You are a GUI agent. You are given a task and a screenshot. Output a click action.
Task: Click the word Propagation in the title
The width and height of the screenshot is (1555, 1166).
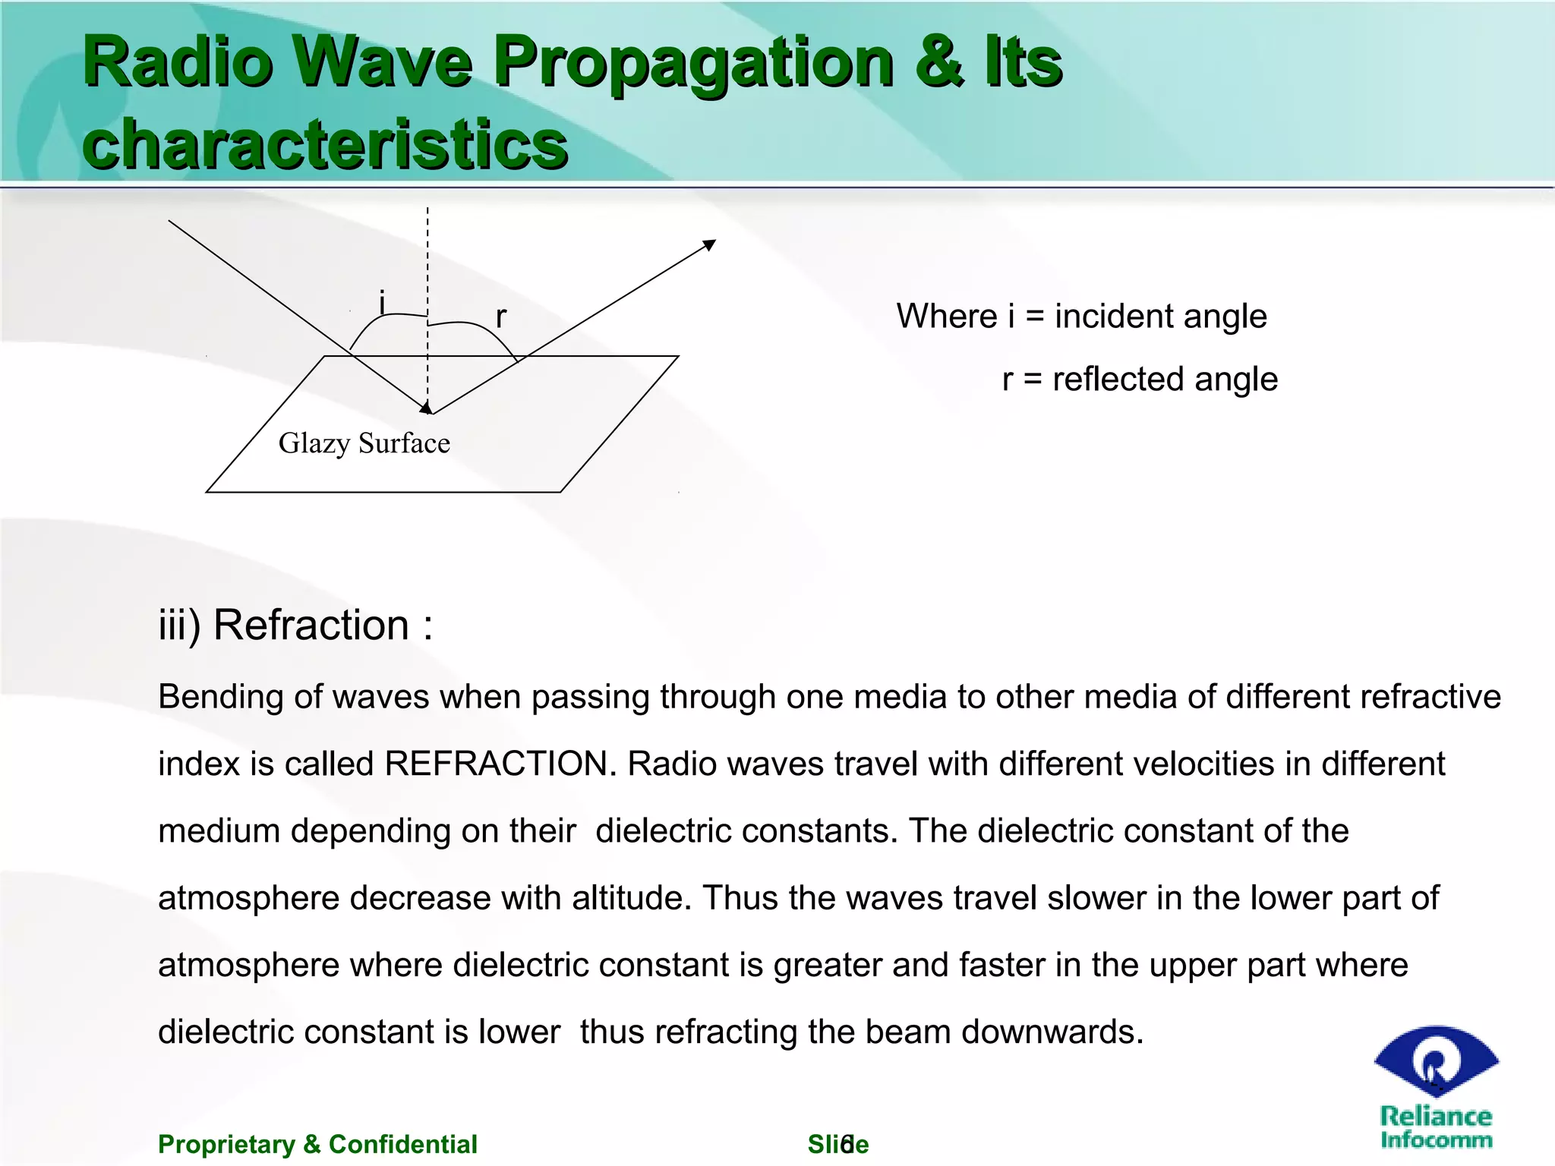pyautogui.click(x=692, y=64)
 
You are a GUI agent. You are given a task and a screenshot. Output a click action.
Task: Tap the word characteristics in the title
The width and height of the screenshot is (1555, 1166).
pyautogui.click(x=325, y=144)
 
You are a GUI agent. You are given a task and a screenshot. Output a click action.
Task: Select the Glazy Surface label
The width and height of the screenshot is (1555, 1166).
pyautogui.click(x=364, y=443)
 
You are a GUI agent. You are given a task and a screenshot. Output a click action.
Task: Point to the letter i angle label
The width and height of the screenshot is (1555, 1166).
pyautogui.click(x=383, y=302)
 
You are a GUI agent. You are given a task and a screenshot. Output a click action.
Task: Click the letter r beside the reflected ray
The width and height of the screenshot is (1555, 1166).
pyautogui.click(x=500, y=316)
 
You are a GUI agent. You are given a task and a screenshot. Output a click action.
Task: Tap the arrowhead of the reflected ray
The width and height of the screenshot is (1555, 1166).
pyautogui.click(x=710, y=244)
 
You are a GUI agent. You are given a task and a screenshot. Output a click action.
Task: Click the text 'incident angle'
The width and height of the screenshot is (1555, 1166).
pyautogui.click(x=1160, y=316)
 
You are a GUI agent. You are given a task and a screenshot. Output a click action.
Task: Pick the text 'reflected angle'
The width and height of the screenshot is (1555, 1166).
pyautogui.click(x=1165, y=379)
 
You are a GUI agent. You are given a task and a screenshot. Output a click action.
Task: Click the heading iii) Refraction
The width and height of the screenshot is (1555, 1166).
pyautogui.click(x=295, y=626)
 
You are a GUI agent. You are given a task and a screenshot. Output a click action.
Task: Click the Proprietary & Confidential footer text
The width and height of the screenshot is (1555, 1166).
pyautogui.click(x=317, y=1144)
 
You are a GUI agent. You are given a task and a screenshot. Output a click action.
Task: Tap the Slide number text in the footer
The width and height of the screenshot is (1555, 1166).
pyautogui.click(x=837, y=1144)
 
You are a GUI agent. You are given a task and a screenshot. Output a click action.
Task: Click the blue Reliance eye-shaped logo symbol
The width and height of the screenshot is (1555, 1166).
pyautogui.click(x=1436, y=1060)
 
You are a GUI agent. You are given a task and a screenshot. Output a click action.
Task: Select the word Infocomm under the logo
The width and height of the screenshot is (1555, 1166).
pyautogui.click(x=1436, y=1139)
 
